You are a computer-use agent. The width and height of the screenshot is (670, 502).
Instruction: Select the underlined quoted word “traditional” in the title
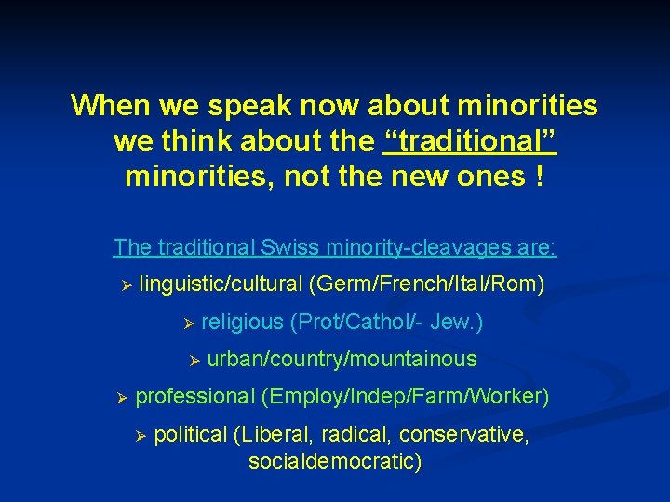pos(470,141)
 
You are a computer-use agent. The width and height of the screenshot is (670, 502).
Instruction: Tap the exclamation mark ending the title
pos(540,176)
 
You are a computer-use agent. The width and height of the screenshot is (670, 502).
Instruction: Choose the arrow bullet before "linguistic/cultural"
pos(127,284)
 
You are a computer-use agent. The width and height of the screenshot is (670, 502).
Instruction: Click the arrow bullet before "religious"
pos(188,323)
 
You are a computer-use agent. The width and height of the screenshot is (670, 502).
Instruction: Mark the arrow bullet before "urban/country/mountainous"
pos(194,360)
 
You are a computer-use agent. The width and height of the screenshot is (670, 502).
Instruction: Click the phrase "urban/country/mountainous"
pos(342,359)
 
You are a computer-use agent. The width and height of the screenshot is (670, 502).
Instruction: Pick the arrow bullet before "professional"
pos(122,398)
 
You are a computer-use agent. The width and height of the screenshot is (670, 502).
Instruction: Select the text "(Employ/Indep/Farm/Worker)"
pos(406,397)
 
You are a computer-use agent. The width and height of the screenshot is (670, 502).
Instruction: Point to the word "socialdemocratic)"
pos(335,460)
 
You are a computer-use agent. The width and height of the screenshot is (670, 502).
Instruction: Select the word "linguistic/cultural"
pos(221,284)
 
